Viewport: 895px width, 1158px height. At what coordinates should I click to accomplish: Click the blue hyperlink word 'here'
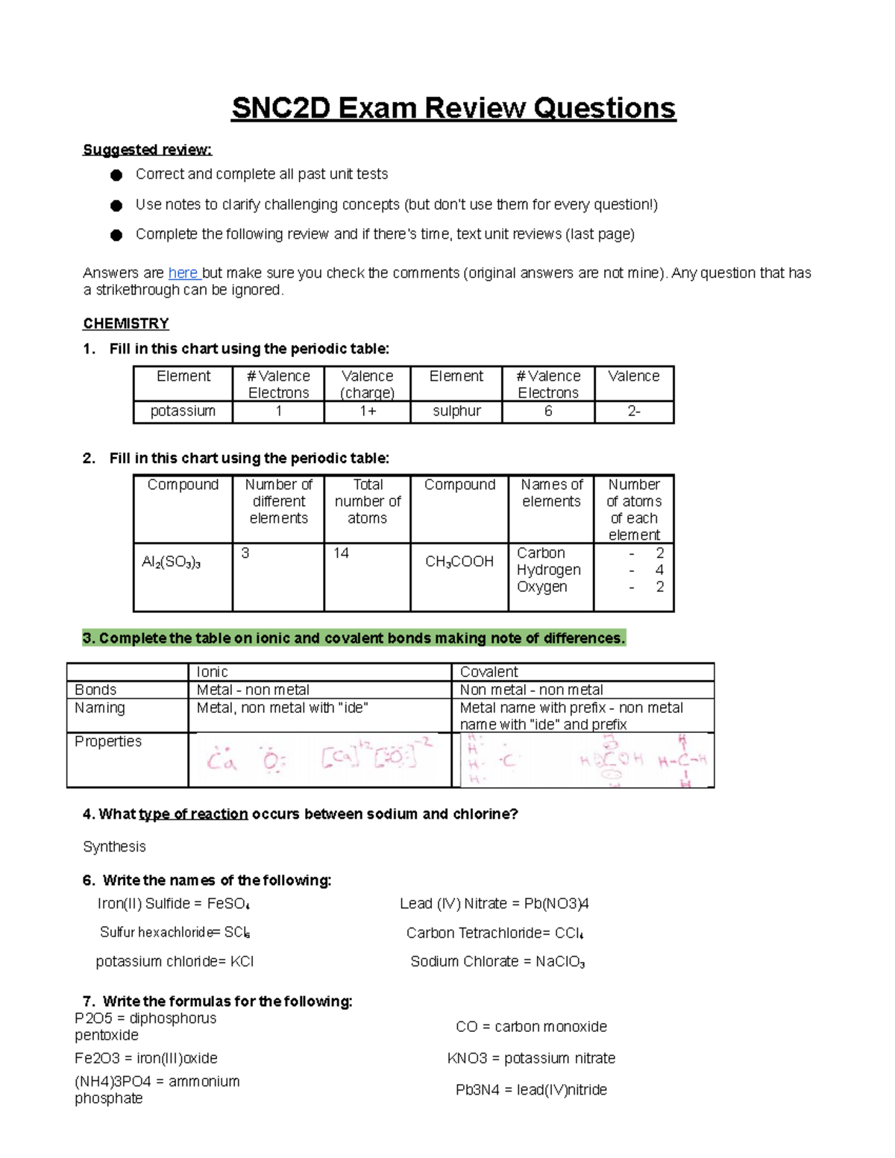[183, 273]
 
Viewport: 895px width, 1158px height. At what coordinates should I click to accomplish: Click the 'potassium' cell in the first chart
[183, 411]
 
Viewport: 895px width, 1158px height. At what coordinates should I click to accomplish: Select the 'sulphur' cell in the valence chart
[456, 411]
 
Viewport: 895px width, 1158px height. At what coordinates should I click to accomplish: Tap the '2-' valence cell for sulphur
[634, 411]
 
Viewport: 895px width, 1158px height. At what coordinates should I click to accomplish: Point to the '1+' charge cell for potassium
[368, 411]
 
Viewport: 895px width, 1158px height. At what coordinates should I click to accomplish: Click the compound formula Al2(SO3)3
[172, 563]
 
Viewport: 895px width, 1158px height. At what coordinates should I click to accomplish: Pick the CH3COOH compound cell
[459, 561]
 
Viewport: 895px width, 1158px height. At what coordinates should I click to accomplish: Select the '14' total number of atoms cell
[342, 553]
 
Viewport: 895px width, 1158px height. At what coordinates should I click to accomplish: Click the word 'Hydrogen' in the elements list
[549, 570]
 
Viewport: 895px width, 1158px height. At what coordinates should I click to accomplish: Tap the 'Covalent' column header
[489, 672]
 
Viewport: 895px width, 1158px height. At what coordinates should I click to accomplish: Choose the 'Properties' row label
[108, 741]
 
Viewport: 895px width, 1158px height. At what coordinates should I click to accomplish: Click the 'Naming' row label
[100, 708]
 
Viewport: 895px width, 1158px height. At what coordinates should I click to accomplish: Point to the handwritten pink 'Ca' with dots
[222, 761]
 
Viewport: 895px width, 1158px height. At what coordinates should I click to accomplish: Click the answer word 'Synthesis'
[114, 846]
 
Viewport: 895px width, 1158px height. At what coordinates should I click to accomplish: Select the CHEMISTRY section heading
[126, 324]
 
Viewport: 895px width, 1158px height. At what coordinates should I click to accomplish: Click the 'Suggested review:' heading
[147, 150]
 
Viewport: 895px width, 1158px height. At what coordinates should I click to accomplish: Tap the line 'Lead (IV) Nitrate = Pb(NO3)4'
[494, 904]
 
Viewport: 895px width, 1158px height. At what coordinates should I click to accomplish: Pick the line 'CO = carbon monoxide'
[531, 1027]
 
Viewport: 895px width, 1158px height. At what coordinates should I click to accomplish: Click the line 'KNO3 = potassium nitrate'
[531, 1058]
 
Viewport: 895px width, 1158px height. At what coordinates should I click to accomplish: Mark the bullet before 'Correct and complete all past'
[116, 175]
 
